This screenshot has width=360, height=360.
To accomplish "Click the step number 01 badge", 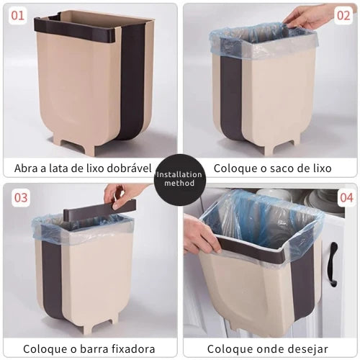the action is coord(18,16).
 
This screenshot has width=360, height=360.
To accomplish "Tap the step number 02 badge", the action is coord(343,16).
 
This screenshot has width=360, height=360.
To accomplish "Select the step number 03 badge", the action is coord(21,198).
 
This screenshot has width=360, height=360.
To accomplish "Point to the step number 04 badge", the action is coord(346,198).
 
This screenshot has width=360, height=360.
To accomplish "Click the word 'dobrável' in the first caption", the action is coord(129,168).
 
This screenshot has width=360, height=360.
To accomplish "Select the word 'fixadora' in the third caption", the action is coord(135,348).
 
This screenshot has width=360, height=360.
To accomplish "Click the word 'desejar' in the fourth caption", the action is coord(308,349).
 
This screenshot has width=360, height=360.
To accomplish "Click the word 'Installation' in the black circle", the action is coord(179,174).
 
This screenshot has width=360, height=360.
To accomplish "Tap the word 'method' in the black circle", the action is coord(179,183).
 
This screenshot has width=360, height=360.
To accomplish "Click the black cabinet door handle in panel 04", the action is coord(334,264).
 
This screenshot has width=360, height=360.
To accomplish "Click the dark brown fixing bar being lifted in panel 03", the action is coord(99,208).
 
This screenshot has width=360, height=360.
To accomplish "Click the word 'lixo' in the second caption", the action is coord(321,168).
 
